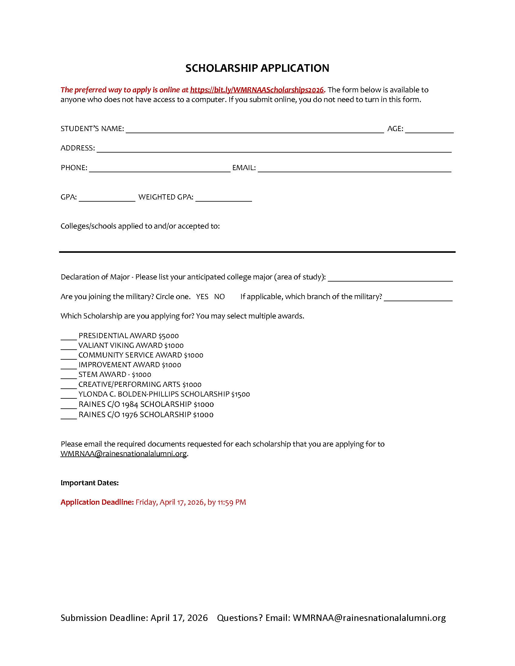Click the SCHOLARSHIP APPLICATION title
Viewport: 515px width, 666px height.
pos(257,68)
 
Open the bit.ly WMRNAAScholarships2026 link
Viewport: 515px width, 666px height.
pos(257,90)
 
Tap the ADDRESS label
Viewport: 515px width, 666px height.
pos(78,148)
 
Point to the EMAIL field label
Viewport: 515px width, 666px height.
pos(244,168)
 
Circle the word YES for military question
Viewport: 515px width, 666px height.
pos(202,297)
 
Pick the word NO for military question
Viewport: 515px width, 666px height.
pos(219,297)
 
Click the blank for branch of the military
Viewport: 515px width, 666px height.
pos(418,298)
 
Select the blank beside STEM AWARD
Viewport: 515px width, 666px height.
pos(69,376)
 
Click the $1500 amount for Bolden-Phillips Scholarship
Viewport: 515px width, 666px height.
pos(241,394)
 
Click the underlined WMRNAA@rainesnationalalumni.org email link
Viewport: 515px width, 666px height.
pos(124,454)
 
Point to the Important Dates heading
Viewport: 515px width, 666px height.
pos(89,483)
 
